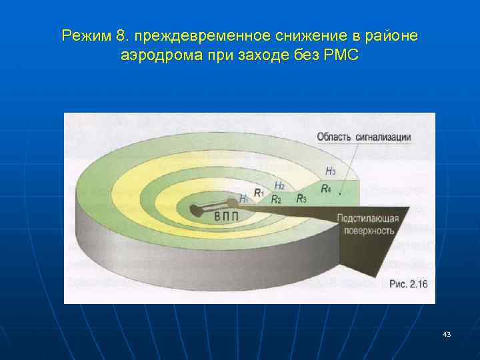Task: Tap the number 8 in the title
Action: pyautogui.click(x=116, y=35)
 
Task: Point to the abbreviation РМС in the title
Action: pyautogui.click(x=341, y=55)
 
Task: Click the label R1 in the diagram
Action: pyautogui.click(x=258, y=195)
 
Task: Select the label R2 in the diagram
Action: pyautogui.click(x=276, y=199)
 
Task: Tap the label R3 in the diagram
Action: pyautogui.click(x=301, y=198)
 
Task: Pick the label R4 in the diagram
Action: pyautogui.click(x=325, y=189)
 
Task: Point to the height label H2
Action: pyautogui.click(x=280, y=186)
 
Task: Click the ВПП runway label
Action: pyautogui.click(x=226, y=217)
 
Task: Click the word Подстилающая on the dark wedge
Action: pyautogui.click(x=367, y=218)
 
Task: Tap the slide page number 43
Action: pyautogui.click(x=446, y=333)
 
